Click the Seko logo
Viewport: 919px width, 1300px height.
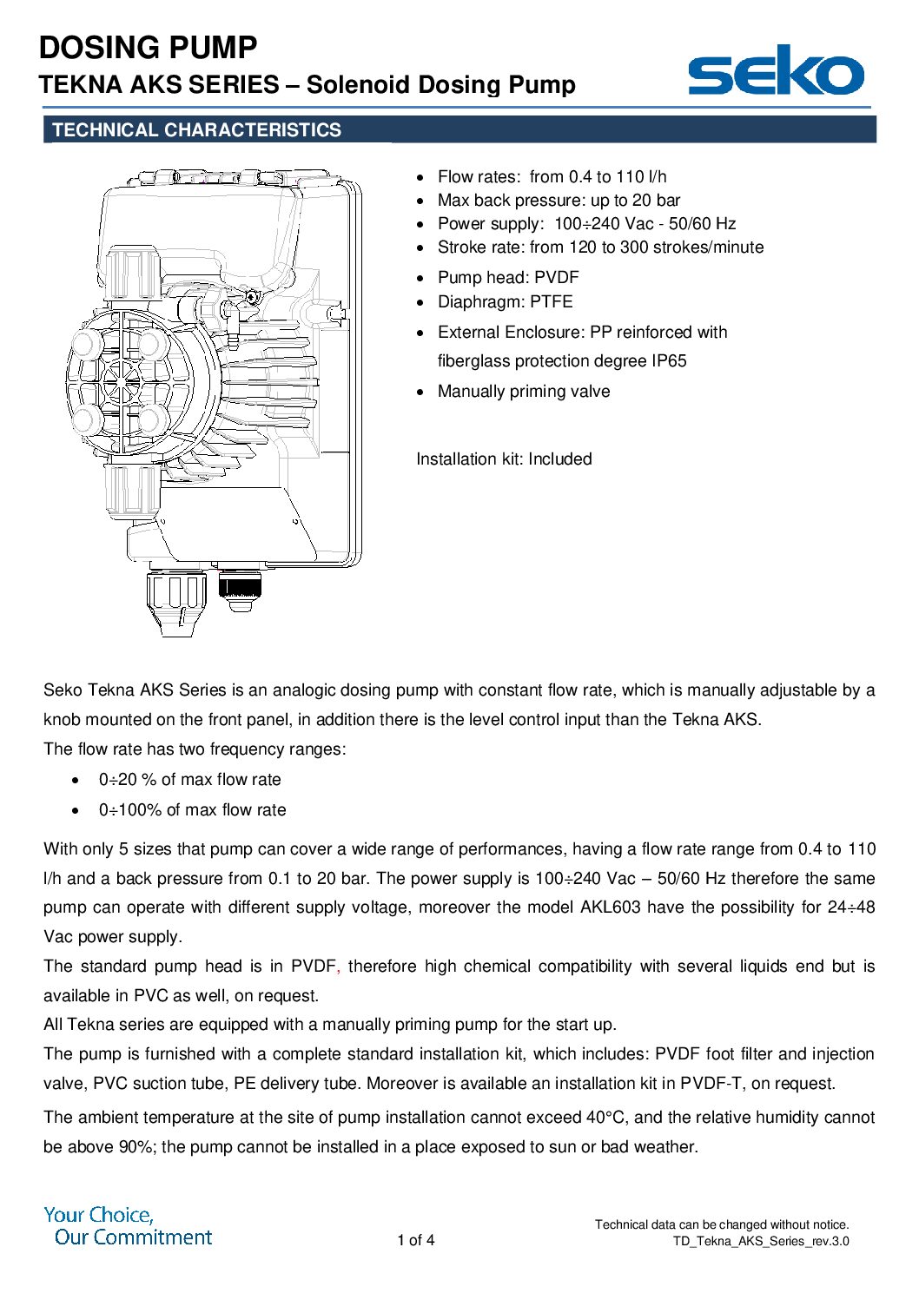pos(775,71)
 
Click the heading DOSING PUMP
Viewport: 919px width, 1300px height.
pos(149,48)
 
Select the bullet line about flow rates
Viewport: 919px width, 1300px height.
pos(552,177)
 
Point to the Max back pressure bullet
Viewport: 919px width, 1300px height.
pos(559,201)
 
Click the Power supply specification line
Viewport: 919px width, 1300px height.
pos(586,224)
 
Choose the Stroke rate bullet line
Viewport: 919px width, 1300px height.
pos(600,247)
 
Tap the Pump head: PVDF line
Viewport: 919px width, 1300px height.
pos(508,278)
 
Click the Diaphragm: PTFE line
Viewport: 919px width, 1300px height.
pos(505,302)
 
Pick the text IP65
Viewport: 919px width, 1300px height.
pos(669,361)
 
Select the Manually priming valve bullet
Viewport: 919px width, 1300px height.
pos(524,392)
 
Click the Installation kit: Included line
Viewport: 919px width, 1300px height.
pos(504,459)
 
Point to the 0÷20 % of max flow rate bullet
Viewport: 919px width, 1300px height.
pos(189,780)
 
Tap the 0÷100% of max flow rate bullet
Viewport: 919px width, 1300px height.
pos(192,810)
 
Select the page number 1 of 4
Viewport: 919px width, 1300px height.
pos(416,1240)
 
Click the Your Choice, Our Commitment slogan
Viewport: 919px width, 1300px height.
pos(129,1226)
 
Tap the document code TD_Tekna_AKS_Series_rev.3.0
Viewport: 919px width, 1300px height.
pos(761,1241)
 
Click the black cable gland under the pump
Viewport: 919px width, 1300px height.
pos(240,586)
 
